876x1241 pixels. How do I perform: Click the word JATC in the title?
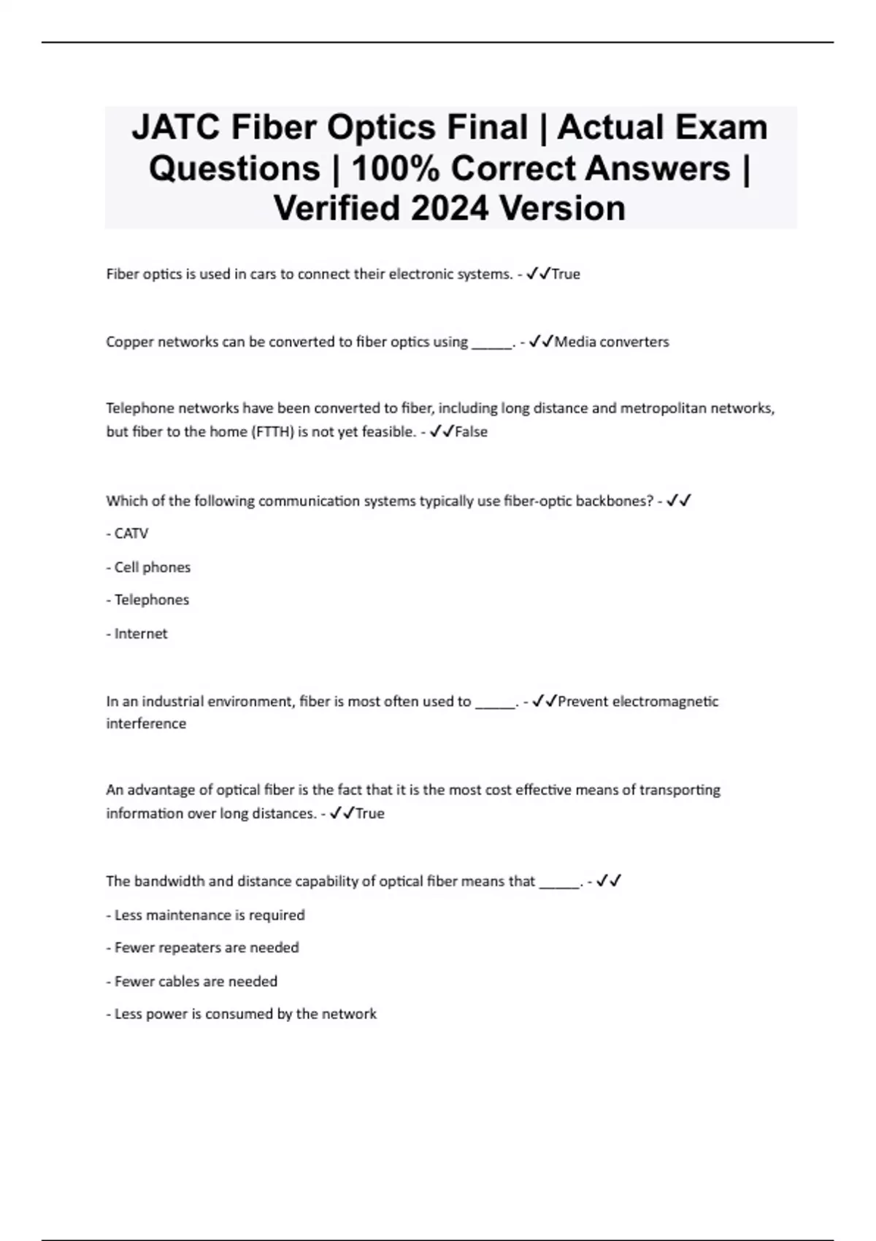coord(177,128)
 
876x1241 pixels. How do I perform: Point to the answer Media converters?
coord(612,342)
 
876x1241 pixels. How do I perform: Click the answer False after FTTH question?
coord(471,431)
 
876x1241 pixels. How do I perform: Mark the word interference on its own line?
coord(146,723)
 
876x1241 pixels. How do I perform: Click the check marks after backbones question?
coord(679,501)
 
